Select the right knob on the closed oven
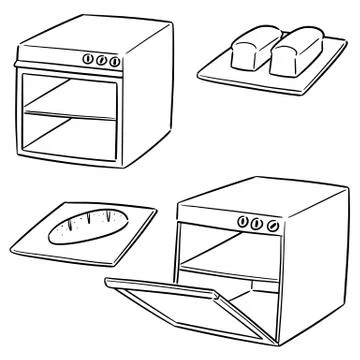117,61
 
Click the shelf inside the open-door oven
225,272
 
